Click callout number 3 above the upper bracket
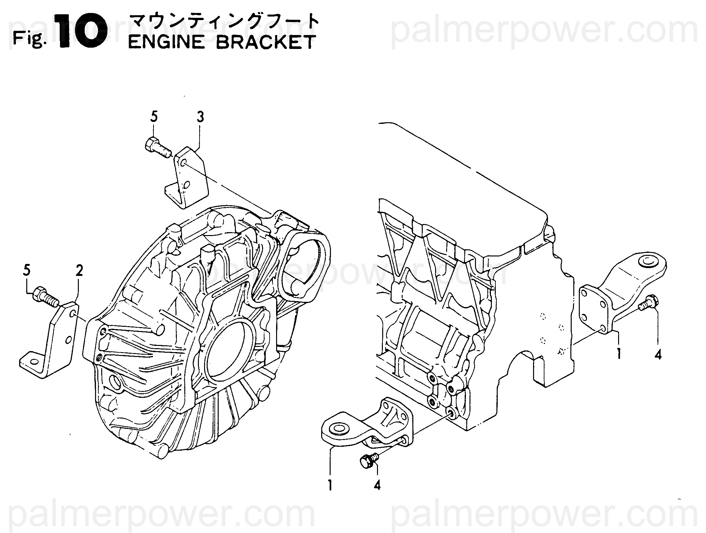200,117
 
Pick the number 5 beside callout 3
154,117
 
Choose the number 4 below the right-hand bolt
658,355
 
